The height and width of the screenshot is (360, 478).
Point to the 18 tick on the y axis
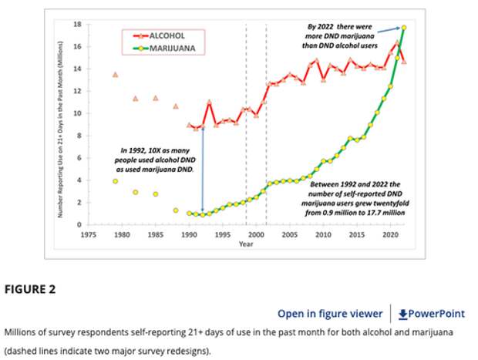pos(77,24)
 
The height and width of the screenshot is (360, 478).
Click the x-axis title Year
pos(246,244)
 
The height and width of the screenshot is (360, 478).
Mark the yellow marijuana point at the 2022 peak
pos(404,28)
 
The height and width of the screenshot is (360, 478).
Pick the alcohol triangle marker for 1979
pos(115,75)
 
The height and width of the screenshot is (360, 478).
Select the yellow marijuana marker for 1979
pos(115,181)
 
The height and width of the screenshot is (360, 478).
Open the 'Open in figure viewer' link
pos(330,313)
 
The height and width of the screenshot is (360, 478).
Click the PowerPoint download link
pos(431,313)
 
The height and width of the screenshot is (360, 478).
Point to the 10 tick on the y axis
pos(77,113)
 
